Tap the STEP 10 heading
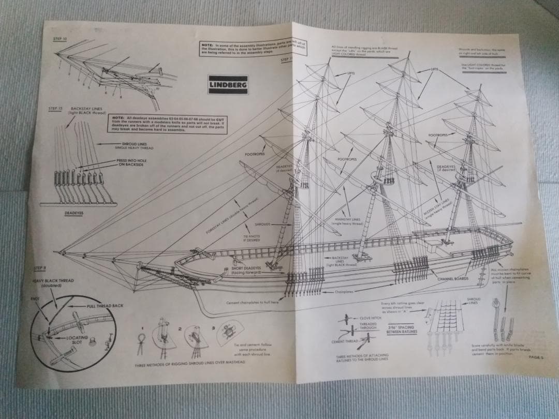click(60, 39)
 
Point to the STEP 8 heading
click(40, 268)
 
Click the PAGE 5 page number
click(535, 356)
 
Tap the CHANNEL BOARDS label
click(453, 279)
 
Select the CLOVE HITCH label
click(371, 318)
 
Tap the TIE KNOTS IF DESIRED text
click(252, 238)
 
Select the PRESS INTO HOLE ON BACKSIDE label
click(131, 162)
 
